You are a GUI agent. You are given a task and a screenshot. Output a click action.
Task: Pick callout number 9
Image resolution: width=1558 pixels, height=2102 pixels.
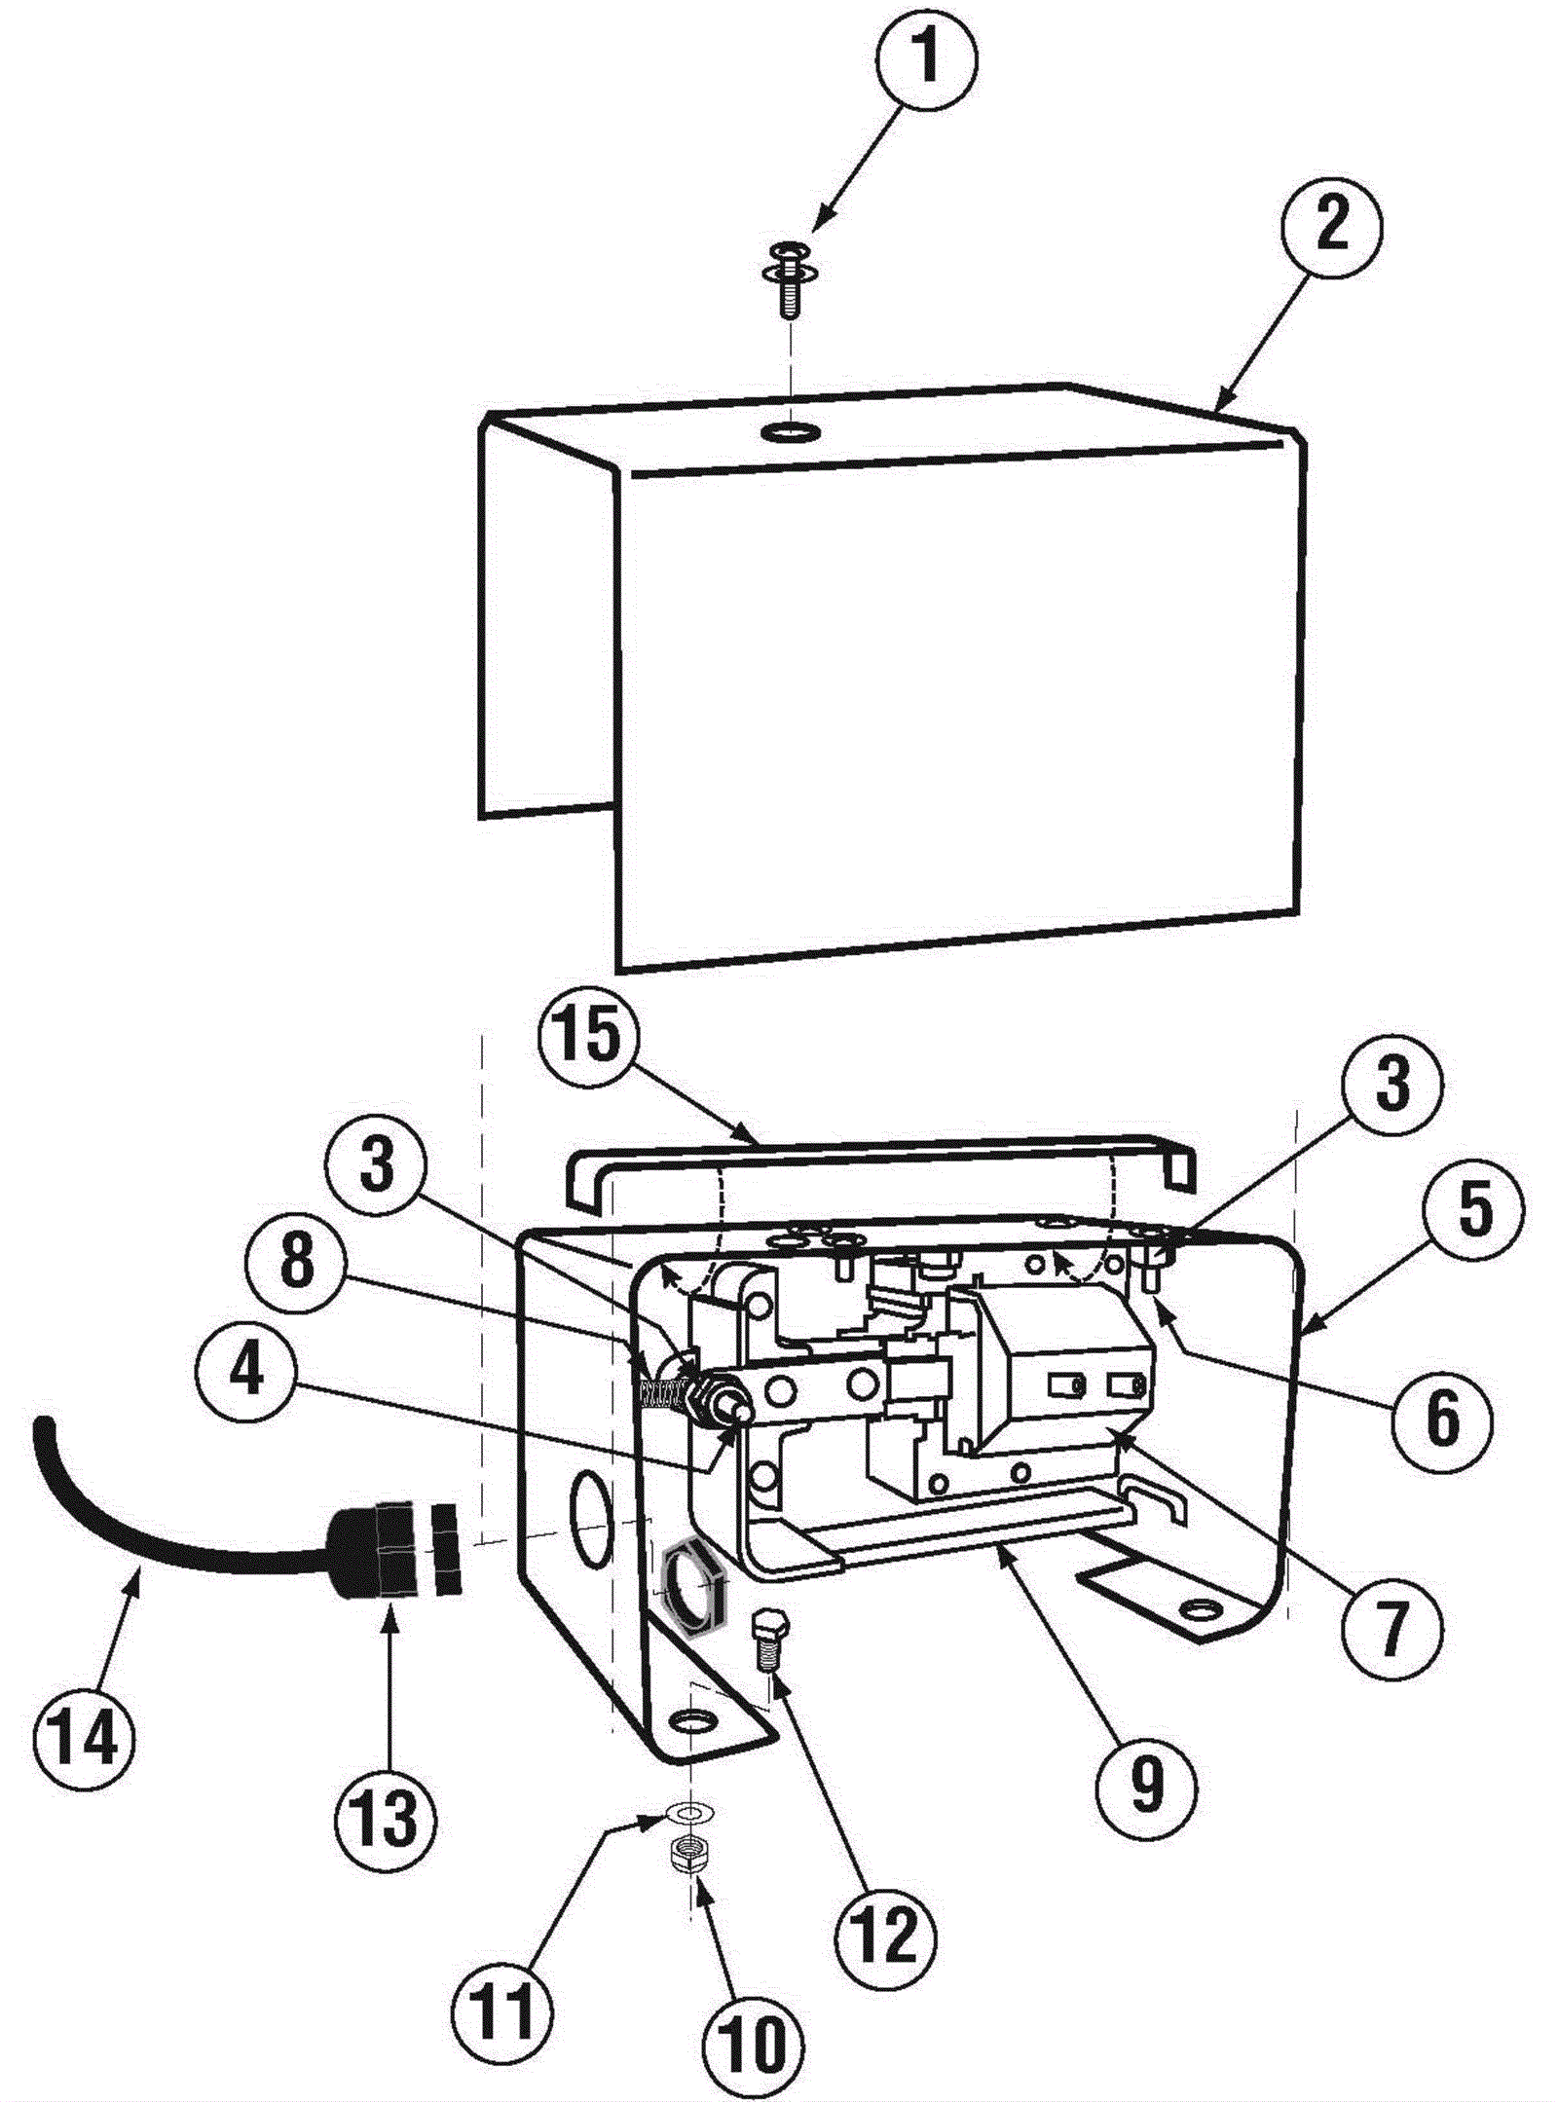tap(1146, 1784)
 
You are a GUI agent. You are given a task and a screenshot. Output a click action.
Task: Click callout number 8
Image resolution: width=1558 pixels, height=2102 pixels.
tap(298, 1261)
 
